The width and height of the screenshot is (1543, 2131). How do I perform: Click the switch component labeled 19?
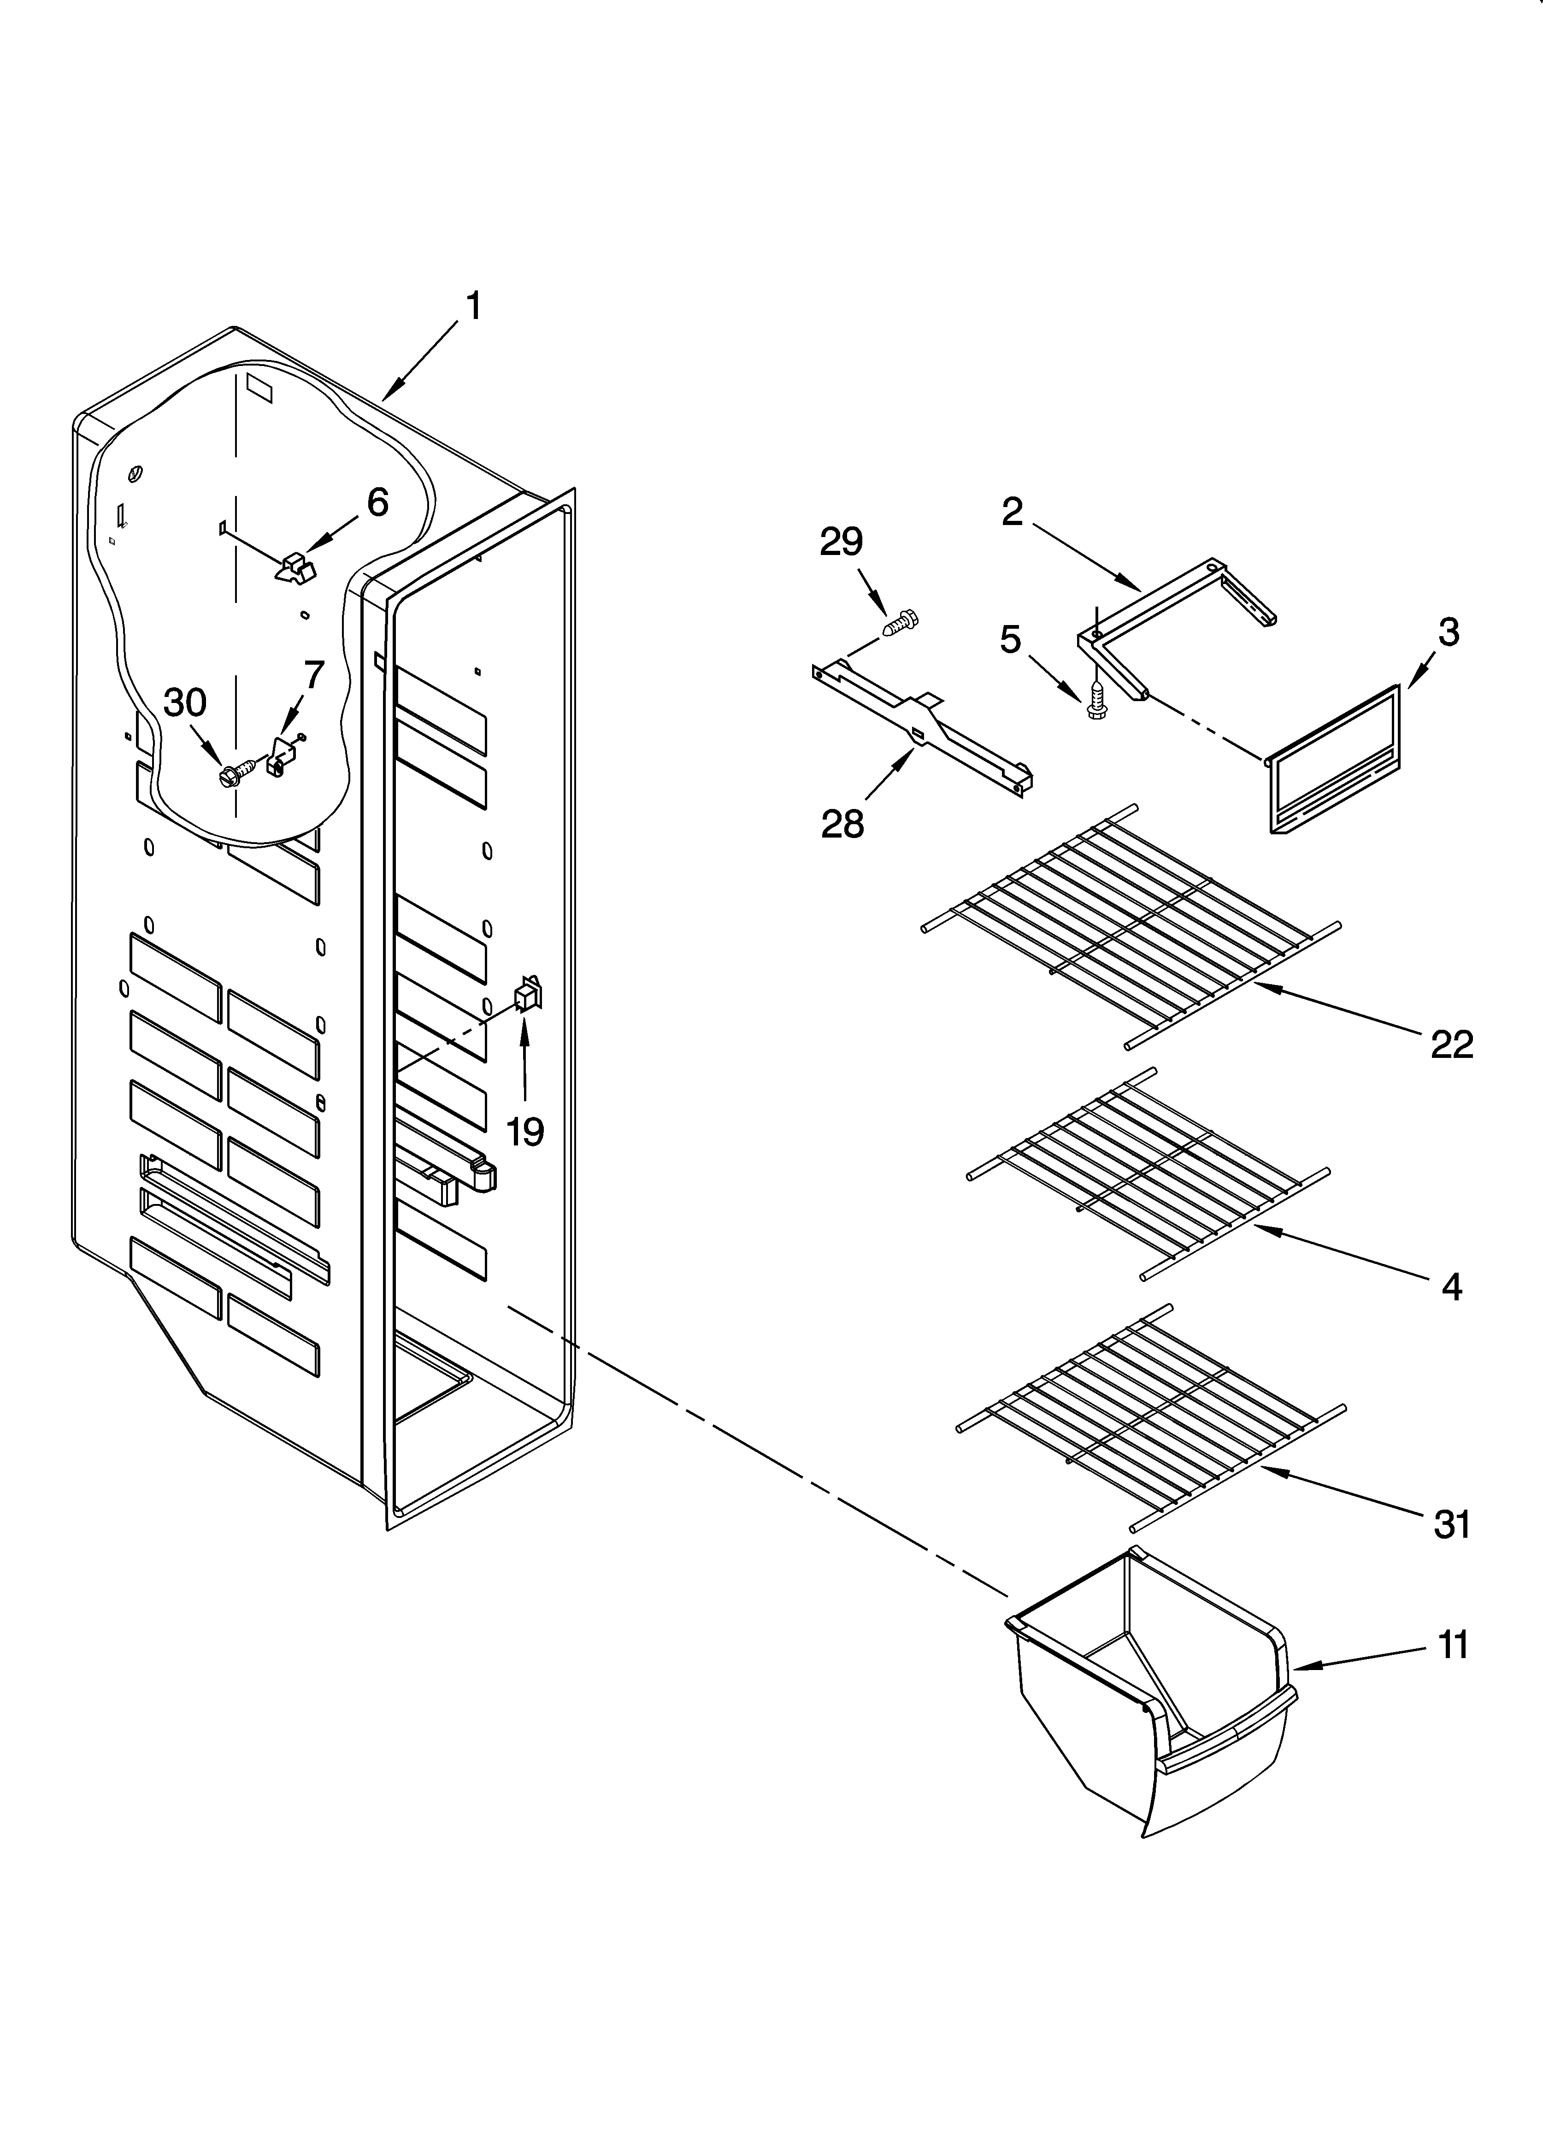pyautogui.click(x=527, y=993)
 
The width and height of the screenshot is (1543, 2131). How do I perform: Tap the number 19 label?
pyautogui.click(x=524, y=1132)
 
